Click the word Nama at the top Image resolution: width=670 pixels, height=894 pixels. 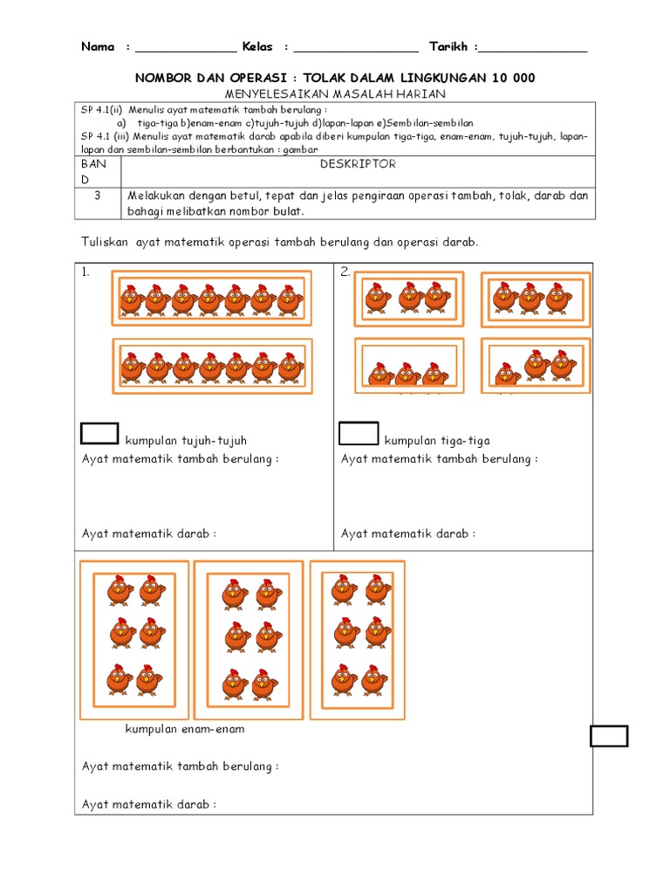(98, 46)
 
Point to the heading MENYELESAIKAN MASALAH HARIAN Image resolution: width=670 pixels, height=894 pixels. (334, 93)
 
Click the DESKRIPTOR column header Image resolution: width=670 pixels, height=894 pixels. (358, 164)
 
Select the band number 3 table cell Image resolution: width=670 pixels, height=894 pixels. (98, 196)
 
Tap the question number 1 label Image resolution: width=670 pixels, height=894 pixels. (85, 272)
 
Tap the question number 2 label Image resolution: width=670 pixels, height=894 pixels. (345, 272)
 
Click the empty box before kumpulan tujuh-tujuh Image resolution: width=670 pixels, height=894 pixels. (99, 433)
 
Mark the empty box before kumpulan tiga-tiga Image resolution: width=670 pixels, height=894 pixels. (359, 433)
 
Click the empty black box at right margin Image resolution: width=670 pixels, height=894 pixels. (609, 736)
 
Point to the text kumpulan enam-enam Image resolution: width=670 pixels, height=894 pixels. (185, 729)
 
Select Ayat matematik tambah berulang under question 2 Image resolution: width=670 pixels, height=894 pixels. (439, 459)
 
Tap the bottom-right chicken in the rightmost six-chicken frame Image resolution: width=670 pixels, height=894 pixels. (375, 678)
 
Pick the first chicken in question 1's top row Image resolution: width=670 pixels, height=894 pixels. (130, 299)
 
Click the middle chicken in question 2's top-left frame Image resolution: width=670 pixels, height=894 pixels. (409, 297)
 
